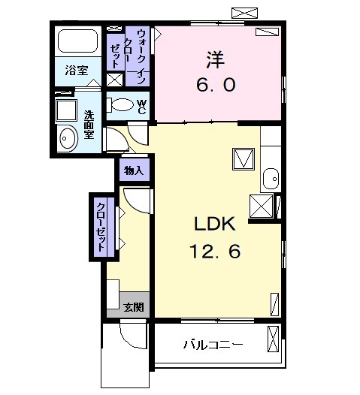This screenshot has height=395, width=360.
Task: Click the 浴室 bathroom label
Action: click(x=75, y=71)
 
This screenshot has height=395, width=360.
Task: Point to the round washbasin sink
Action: click(x=68, y=137)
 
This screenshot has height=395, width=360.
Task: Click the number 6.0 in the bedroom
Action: click(x=218, y=84)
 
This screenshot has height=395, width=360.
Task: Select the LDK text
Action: click(x=216, y=225)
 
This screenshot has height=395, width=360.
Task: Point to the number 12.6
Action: click(x=215, y=252)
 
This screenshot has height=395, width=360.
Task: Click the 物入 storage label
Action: click(x=134, y=171)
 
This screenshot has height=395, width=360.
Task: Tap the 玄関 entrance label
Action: click(x=135, y=306)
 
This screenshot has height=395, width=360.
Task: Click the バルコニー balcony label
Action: click(x=214, y=345)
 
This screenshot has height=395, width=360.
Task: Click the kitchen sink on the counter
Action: click(x=272, y=179)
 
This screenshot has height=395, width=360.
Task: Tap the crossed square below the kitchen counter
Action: click(x=262, y=205)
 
